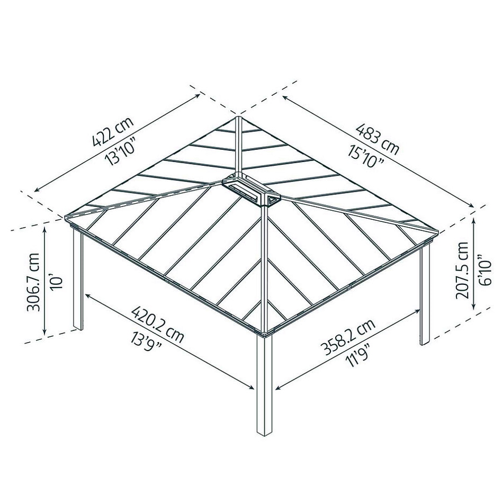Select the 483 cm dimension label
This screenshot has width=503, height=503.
[378, 139]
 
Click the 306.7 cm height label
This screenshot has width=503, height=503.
[33, 282]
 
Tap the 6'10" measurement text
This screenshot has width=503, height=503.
[484, 270]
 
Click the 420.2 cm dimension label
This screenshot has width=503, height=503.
[157, 324]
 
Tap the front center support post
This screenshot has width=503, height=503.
[264, 385]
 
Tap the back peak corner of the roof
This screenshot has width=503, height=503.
[238, 117]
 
